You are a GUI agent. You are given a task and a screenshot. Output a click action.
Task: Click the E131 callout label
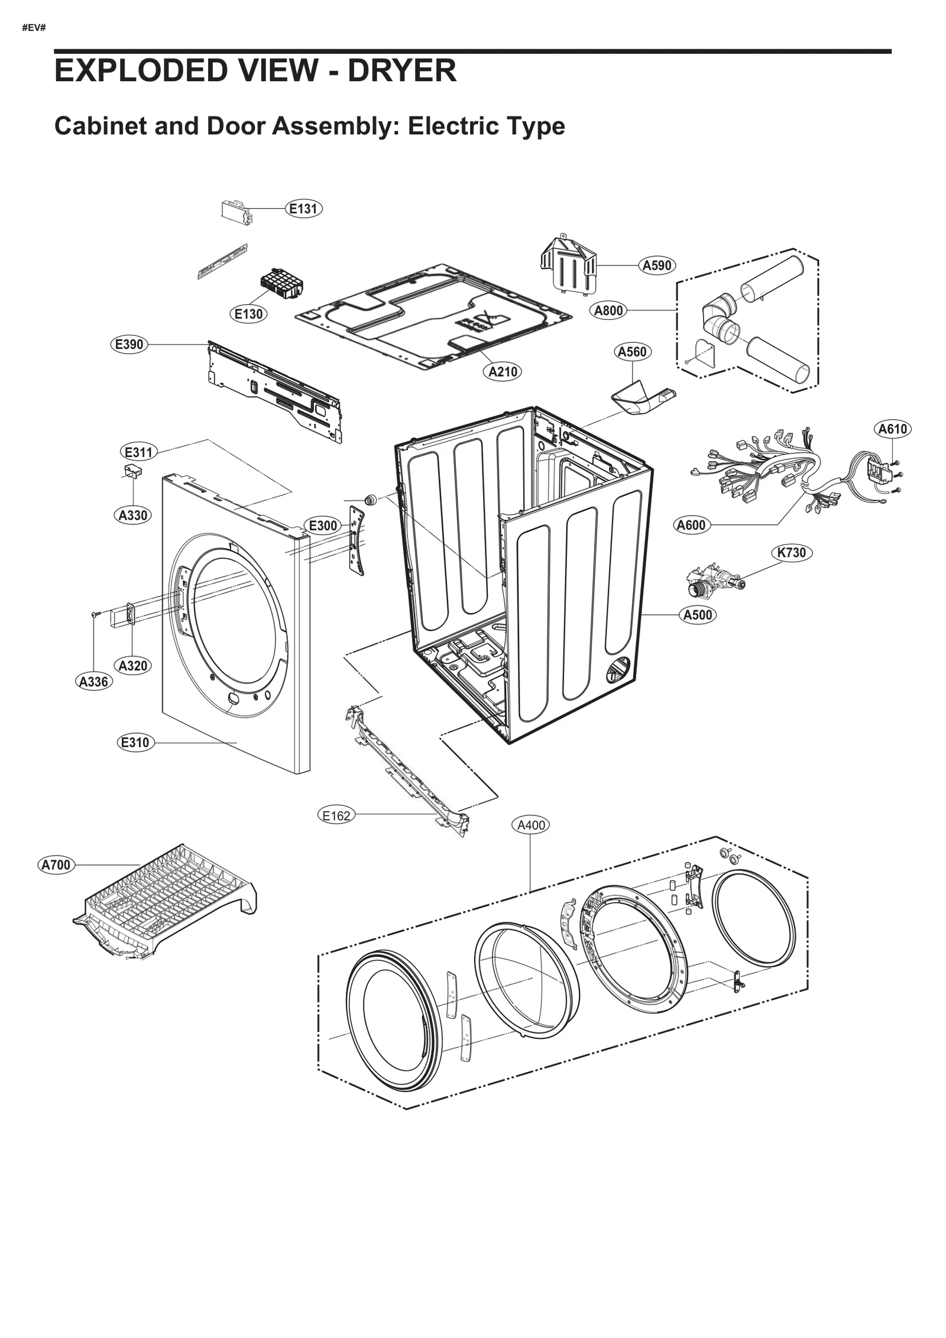pyautogui.click(x=303, y=208)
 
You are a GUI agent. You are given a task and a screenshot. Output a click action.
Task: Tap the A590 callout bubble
pyautogui.click(x=657, y=265)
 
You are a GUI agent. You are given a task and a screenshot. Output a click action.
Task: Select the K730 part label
pyautogui.click(x=791, y=552)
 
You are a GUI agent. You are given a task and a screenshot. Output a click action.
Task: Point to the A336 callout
pyautogui.click(x=93, y=682)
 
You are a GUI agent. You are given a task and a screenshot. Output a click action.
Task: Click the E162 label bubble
pyautogui.click(x=336, y=816)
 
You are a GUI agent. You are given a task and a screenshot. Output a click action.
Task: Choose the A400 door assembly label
pyautogui.click(x=530, y=825)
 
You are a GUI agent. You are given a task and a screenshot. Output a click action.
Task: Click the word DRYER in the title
pyautogui.click(x=401, y=70)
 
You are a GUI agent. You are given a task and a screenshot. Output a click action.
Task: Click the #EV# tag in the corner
pyautogui.click(x=34, y=28)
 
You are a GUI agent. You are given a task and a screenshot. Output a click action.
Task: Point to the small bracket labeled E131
pyautogui.click(x=237, y=210)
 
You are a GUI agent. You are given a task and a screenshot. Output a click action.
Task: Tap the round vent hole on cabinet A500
pyautogui.click(x=619, y=668)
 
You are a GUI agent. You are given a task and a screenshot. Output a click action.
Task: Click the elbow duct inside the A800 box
pyautogui.click(x=721, y=319)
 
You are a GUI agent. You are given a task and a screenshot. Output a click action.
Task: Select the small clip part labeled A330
pyautogui.click(x=134, y=471)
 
